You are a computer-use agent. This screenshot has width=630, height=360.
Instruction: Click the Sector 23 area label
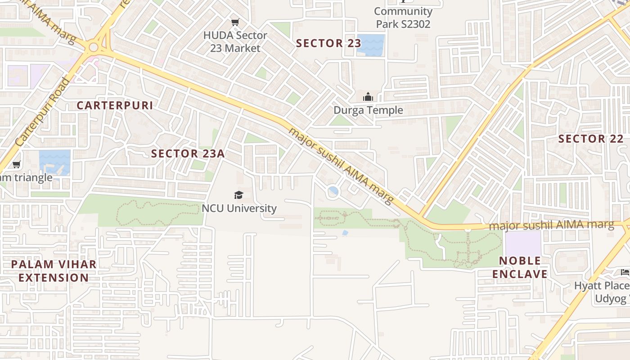328,43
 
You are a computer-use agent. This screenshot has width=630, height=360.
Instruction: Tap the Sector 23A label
188,153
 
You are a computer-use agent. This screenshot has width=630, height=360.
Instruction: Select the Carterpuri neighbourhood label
115,105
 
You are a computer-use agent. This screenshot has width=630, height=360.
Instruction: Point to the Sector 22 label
591,139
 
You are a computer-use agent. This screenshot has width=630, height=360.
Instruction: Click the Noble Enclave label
520,267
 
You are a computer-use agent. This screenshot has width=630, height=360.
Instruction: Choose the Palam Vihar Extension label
54,271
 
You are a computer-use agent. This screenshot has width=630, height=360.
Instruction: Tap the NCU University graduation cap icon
238,195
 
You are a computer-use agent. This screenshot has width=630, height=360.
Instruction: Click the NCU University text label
239,208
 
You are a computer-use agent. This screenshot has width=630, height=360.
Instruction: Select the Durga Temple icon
368,97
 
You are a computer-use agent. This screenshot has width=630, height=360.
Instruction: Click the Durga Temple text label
368,110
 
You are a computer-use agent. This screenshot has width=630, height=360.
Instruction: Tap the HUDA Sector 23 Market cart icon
235,22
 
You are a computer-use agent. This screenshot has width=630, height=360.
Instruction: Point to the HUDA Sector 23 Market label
235,41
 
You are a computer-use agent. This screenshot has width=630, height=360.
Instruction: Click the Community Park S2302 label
403,18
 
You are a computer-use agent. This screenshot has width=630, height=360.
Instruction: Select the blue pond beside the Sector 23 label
370,45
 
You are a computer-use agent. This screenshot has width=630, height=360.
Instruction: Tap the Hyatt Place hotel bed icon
625,272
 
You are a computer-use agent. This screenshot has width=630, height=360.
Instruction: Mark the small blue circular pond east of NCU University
333,192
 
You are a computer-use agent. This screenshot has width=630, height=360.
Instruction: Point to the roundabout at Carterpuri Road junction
94,47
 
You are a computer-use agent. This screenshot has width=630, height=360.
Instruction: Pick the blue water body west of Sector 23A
55,162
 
